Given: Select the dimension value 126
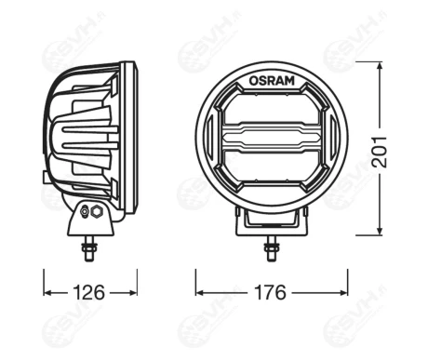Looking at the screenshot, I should pos(90,291).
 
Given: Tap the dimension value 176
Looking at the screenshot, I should pos(271,291).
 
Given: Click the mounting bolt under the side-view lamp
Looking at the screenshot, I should pos(89,248).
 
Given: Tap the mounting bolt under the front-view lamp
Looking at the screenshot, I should pos(271,249).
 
